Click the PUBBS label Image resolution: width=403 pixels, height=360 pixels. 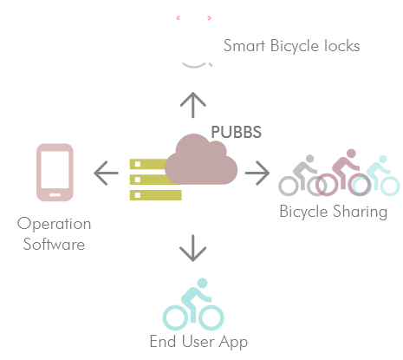click(236, 132)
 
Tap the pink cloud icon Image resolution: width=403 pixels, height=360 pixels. click(201, 160)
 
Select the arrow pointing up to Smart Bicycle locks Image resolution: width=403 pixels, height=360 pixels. click(193, 105)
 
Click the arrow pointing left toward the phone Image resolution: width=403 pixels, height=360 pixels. click(106, 173)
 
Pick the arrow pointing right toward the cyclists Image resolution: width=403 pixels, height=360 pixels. click(257, 173)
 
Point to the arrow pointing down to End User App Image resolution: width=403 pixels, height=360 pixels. click(193, 248)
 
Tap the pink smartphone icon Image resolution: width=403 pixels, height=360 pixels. click(55, 173)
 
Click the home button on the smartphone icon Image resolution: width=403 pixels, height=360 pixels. click(55, 194)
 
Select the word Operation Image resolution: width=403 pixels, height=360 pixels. click(54, 224)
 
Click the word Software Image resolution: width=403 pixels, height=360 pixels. click(54, 245)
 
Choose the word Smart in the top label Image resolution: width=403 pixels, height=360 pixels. click(244, 46)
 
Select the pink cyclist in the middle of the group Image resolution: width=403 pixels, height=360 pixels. click(343, 173)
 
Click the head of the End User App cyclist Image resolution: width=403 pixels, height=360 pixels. click(202, 283)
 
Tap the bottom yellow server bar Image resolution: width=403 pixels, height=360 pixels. click(156, 195)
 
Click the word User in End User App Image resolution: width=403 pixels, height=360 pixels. click(198, 342)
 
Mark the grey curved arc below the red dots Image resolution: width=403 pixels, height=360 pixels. click(194, 66)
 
